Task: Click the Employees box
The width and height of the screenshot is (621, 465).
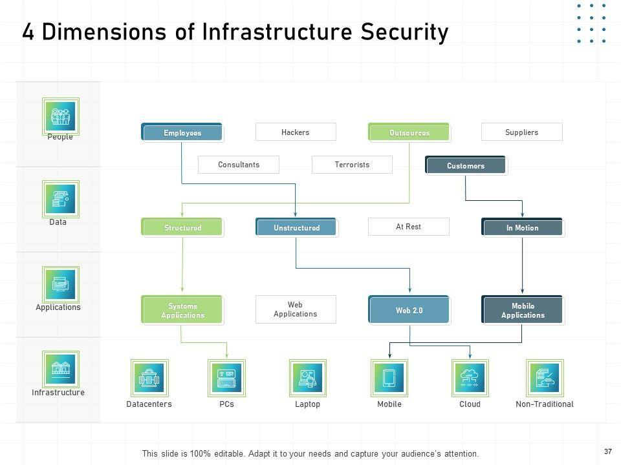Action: (x=182, y=132)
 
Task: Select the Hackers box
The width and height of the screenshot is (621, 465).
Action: (x=296, y=132)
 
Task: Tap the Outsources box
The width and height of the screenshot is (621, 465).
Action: (x=409, y=132)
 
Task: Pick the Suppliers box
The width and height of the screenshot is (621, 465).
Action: (x=521, y=132)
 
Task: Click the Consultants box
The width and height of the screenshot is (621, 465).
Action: (x=239, y=165)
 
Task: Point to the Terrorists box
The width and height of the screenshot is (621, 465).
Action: (x=352, y=165)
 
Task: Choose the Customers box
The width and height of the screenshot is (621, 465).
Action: (x=466, y=165)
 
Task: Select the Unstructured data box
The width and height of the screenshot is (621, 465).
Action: (x=297, y=227)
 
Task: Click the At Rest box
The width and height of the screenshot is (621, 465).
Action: (x=409, y=227)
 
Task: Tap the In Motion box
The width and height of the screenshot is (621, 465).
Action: (x=523, y=227)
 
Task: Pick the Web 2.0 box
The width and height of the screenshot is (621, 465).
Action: (x=409, y=310)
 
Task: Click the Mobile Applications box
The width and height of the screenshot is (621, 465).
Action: (x=523, y=310)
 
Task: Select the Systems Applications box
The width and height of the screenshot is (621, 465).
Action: (x=182, y=310)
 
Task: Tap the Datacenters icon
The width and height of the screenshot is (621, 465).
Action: (x=149, y=378)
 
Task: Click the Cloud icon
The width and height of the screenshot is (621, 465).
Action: (x=470, y=378)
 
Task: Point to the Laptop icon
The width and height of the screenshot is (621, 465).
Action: (x=308, y=378)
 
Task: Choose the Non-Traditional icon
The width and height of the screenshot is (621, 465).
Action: (x=545, y=378)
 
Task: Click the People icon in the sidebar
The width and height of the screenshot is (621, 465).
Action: (x=61, y=117)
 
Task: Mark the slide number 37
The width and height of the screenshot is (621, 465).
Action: (x=608, y=451)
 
